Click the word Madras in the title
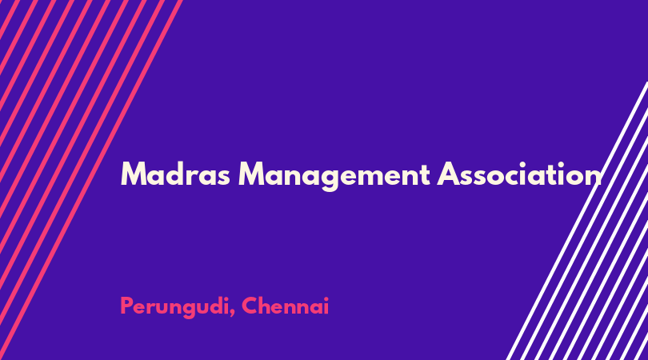click(x=175, y=174)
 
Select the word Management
click(x=334, y=176)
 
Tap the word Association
click(x=519, y=174)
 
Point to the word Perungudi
click(x=174, y=307)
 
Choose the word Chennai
click(x=285, y=306)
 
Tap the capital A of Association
click(x=450, y=174)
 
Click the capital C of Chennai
click(x=250, y=306)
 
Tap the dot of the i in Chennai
click(x=326, y=298)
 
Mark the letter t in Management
click(x=425, y=176)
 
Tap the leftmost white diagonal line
click(x=578, y=221)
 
